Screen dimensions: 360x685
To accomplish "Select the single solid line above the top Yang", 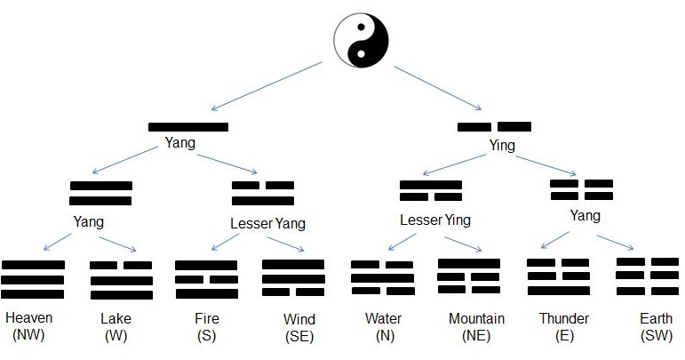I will click(188, 127).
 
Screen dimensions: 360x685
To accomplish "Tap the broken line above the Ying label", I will click(494, 127).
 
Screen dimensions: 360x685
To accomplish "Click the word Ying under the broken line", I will click(502, 146).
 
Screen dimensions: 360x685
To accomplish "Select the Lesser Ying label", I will click(434, 220).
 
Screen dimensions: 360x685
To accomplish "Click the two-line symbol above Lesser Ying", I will click(431, 191).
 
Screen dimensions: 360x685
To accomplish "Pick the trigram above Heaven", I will click(33, 279).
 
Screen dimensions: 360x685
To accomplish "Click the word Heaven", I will click(28, 318).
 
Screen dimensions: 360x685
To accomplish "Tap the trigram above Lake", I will click(121, 279).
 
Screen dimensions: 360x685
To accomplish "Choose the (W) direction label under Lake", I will click(115, 335).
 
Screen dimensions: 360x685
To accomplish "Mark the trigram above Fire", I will click(206, 279).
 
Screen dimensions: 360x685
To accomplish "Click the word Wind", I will click(299, 319).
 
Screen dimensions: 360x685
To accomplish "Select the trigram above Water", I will click(382, 278).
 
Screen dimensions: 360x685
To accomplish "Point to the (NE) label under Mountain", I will click(476, 335).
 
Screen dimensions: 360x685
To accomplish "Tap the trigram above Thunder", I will click(558, 276).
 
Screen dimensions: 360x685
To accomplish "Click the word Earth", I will click(655, 318).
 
